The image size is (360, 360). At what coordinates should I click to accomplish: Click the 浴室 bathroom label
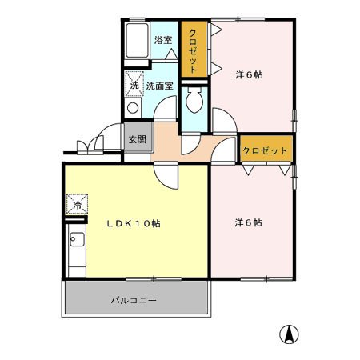(x=163, y=39)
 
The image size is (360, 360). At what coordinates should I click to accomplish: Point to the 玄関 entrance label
(x=136, y=138)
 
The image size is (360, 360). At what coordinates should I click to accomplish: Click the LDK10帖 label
(x=134, y=224)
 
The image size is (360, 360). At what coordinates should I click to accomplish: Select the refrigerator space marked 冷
(x=78, y=205)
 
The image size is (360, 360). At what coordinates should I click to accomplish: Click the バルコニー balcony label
(x=134, y=302)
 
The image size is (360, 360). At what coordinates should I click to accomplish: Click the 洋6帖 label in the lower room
(x=249, y=223)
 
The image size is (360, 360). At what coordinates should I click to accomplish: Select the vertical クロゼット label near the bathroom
(x=193, y=50)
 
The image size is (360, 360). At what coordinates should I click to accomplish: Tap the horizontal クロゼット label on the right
(x=266, y=150)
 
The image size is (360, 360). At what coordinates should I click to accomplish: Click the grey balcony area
(x=96, y=302)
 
